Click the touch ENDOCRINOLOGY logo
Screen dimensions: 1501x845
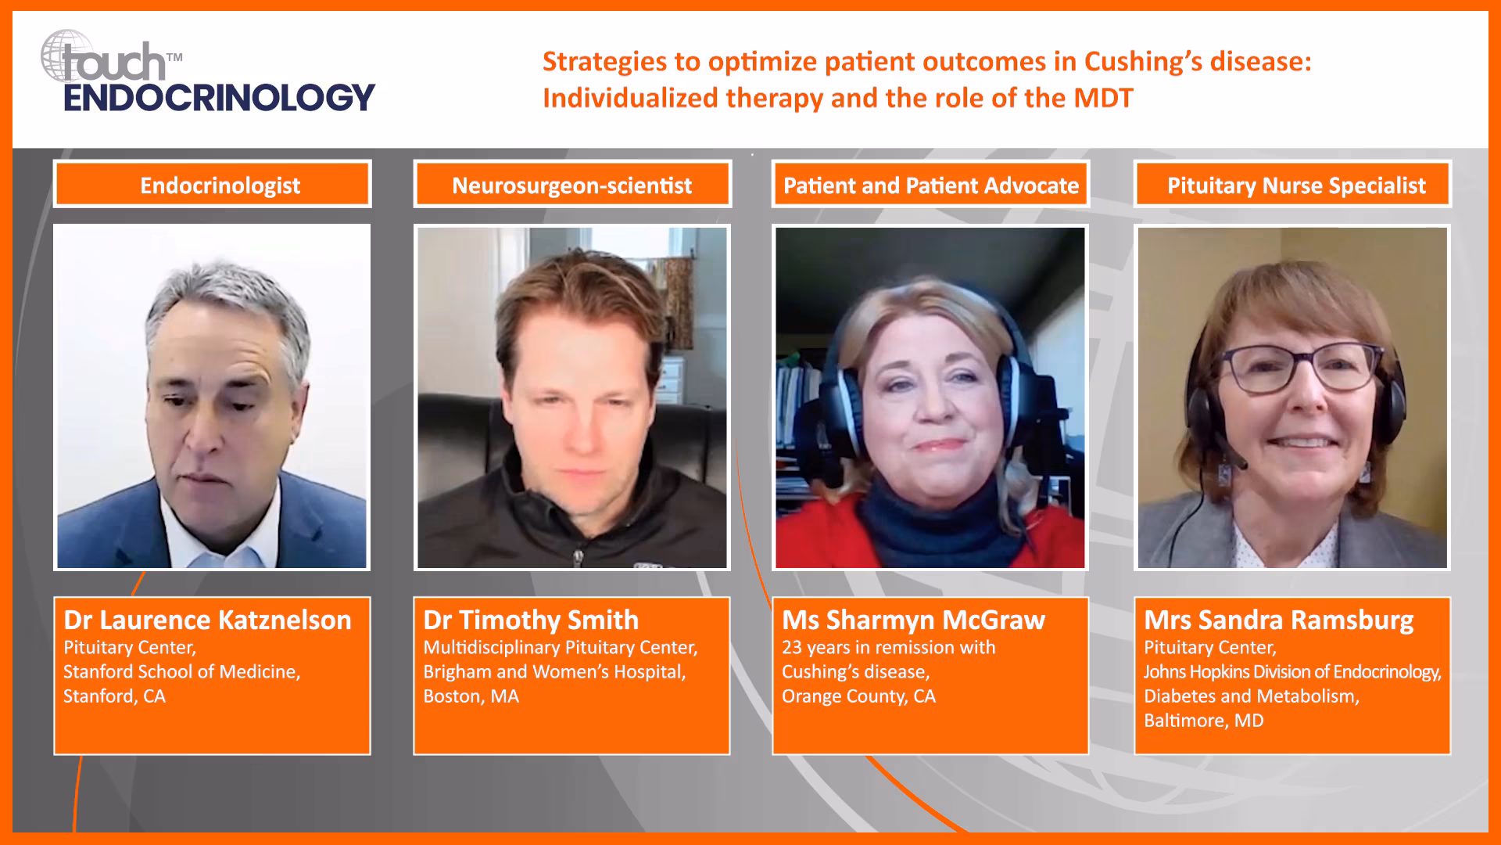208,72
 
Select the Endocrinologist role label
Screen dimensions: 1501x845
220,185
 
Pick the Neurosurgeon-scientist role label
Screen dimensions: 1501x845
571,185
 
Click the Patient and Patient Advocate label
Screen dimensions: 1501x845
930,185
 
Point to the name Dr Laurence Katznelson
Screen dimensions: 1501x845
207,620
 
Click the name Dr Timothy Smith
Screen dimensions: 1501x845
531,620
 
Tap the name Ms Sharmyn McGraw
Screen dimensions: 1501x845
913,620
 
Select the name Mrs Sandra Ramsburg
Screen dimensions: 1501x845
1278,620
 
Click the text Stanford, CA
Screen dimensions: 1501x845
114,696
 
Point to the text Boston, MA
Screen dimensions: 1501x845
471,696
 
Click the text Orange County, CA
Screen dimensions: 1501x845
858,696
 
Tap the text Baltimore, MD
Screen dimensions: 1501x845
1203,721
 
